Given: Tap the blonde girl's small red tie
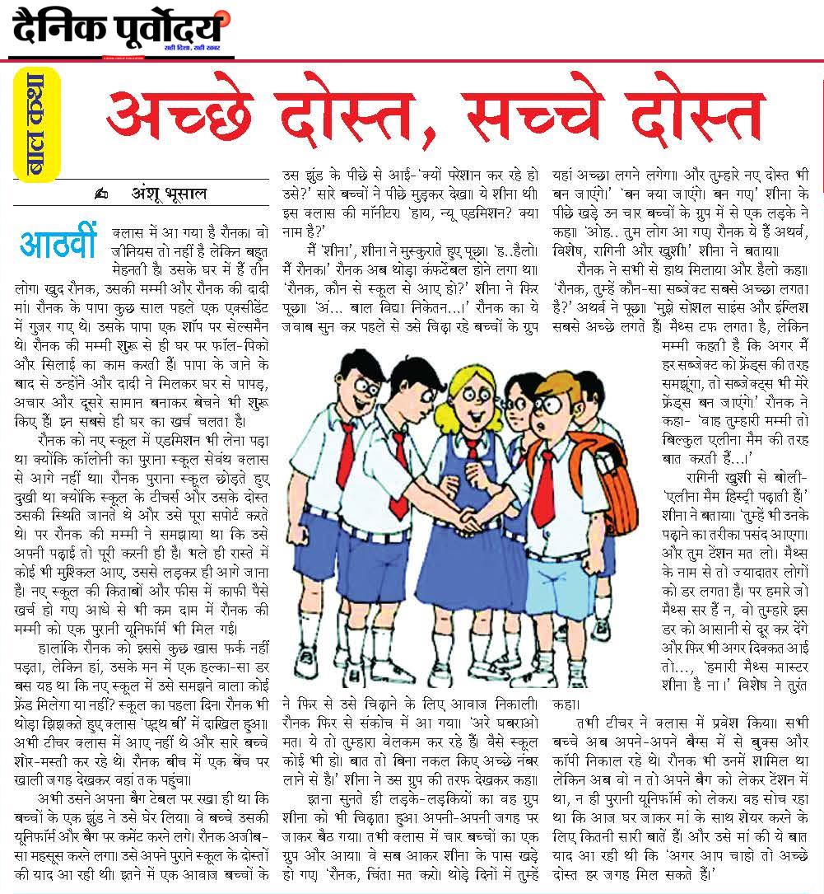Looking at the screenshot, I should click(x=473, y=448).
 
